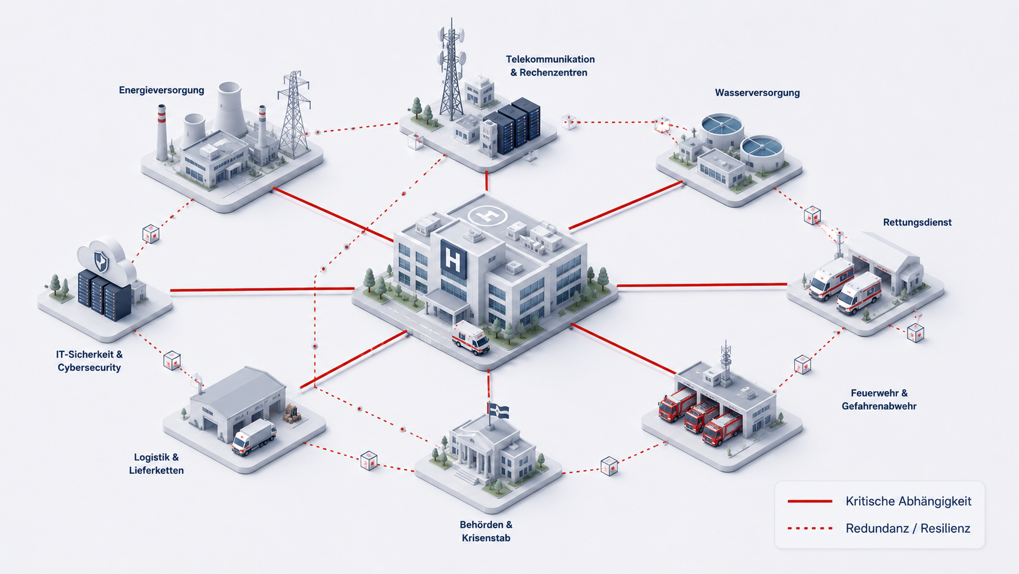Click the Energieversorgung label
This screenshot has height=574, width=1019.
(162, 90)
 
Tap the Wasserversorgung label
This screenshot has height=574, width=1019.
(758, 93)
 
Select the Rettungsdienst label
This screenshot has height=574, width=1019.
(917, 222)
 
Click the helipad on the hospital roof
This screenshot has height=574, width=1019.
(488, 215)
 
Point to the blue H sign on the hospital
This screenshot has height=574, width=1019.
(453, 259)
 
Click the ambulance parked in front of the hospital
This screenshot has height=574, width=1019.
(470, 337)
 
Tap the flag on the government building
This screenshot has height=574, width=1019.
(499, 411)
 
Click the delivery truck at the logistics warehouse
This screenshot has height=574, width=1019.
(254, 437)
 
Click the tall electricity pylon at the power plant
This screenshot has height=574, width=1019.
(294, 114)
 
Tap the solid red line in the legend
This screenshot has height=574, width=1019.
(810, 501)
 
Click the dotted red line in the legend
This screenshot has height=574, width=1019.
(810, 528)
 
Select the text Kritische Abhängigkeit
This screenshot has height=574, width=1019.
(909, 501)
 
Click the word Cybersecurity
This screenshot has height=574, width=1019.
(89, 368)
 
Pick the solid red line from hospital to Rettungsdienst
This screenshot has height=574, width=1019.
(702, 285)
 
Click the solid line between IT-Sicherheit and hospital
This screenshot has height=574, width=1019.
(262, 290)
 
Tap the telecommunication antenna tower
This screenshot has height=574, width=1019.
(451, 68)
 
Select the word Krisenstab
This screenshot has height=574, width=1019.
(486, 538)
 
